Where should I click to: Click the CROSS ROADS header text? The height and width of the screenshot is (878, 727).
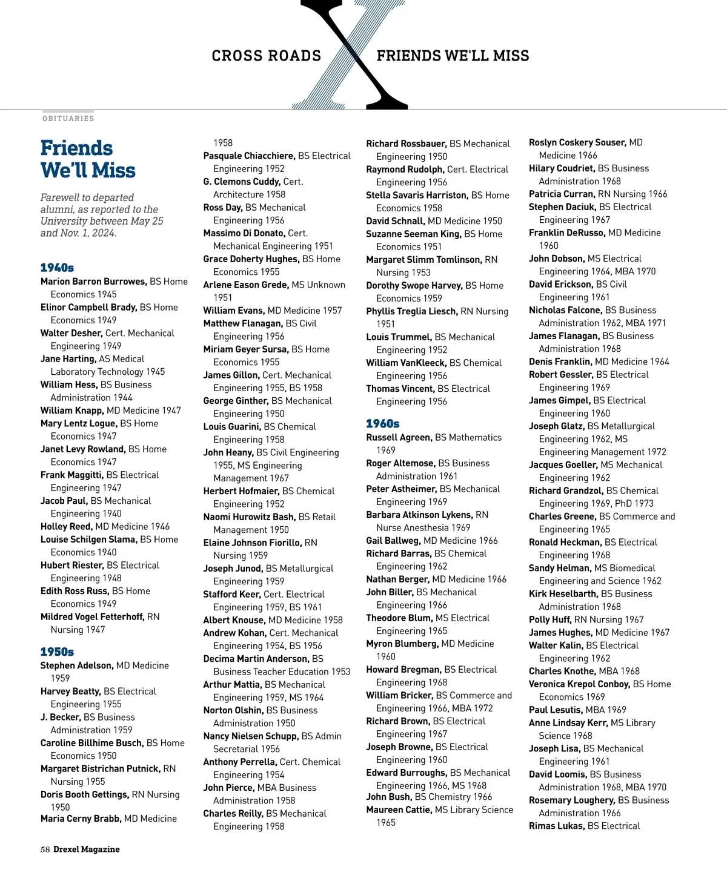tap(266, 56)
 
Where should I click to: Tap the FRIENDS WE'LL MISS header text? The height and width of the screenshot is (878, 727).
tap(453, 56)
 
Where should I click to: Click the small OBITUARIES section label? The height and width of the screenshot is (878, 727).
tap(68, 119)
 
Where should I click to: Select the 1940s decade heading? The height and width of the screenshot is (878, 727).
tap(57, 268)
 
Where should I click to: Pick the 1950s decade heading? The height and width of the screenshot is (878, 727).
tap(57, 652)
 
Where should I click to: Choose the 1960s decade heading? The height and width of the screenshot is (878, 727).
tap(382, 424)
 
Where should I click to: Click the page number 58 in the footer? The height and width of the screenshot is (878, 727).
tap(45, 850)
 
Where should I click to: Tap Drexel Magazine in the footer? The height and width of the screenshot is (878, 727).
tap(87, 850)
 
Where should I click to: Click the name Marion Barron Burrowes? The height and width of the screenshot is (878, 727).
tap(93, 282)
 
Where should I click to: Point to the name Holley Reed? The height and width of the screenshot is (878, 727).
tap(66, 527)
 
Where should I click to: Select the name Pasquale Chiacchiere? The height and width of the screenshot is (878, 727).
tap(249, 156)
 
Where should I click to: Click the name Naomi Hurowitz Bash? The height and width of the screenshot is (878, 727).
tap(249, 517)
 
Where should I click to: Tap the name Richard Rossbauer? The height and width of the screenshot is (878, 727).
tap(406, 144)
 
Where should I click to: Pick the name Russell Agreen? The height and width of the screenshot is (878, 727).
tap(399, 438)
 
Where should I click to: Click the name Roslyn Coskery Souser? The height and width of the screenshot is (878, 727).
tap(577, 143)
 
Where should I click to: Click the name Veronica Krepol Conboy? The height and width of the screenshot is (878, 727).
tap(579, 684)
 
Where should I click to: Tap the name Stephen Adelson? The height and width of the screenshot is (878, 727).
tap(76, 665)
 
